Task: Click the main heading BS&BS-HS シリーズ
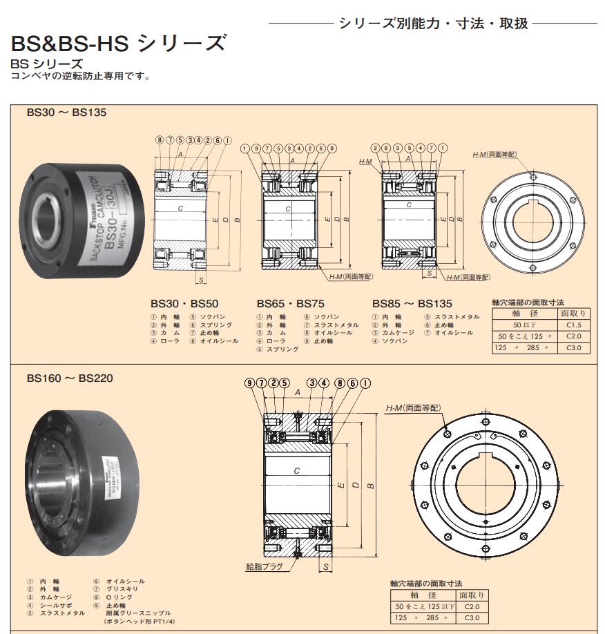pyautogui.click(x=118, y=44)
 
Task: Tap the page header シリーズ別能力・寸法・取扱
pyautogui.click(x=433, y=23)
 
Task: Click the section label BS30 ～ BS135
pyautogui.click(x=66, y=112)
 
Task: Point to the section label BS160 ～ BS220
pyautogui.click(x=70, y=378)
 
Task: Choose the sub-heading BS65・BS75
pyautogui.click(x=291, y=302)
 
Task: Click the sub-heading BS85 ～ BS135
pyautogui.click(x=412, y=302)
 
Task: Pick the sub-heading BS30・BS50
pyautogui.click(x=184, y=302)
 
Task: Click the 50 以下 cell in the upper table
pyautogui.click(x=525, y=324)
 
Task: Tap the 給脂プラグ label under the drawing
pyautogui.click(x=265, y=566)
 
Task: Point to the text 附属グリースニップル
pyautogui.click(x=137, y=613)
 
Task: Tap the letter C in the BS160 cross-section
pyautogui.click(x=296, y=471)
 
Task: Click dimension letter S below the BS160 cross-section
pyautogui.click(x=324, y=567)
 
